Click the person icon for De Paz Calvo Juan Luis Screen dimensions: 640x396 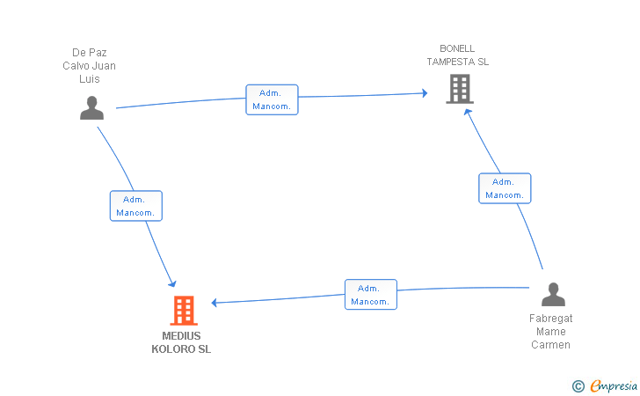91,108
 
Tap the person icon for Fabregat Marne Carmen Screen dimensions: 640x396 553,294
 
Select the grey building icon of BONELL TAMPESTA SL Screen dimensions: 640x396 460,89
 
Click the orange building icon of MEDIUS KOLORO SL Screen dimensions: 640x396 184,311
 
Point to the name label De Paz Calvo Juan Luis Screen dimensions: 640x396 89,65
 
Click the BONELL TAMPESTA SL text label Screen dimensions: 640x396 457,55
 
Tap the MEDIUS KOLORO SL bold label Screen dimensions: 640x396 181,342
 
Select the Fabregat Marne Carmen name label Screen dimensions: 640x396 550,332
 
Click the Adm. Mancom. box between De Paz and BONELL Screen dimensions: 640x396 272,99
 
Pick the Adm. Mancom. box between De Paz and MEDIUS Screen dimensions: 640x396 136,206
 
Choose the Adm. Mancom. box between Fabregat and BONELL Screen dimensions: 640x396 505,188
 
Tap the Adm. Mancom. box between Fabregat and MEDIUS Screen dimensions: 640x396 371,295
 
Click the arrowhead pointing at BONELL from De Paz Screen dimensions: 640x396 425,93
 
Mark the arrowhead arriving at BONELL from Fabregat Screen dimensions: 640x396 468,112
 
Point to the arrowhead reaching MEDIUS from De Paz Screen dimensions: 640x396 172,283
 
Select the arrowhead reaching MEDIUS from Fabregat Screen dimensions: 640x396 214,303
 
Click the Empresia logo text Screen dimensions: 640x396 614,385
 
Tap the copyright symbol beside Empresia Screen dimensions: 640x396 578,386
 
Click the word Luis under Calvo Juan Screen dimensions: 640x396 90,79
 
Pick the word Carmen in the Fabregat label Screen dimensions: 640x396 550,345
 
